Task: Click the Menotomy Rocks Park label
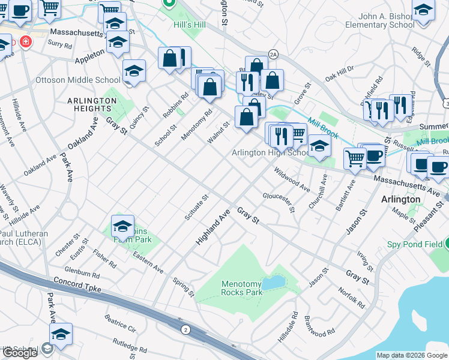click(241, 288)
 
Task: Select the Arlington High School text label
click(271, 152)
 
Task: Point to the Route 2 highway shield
click(185, 329)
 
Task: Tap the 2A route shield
click(273, 54)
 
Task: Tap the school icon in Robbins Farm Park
click(122, 226)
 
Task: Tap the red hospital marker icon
click(25, 42)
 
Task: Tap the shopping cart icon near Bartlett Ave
click(355, 158)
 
